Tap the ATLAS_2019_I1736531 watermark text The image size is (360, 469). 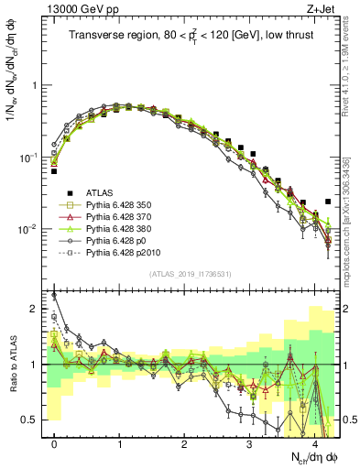pos(190,274)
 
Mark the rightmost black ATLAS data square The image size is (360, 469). pos(328,201)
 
